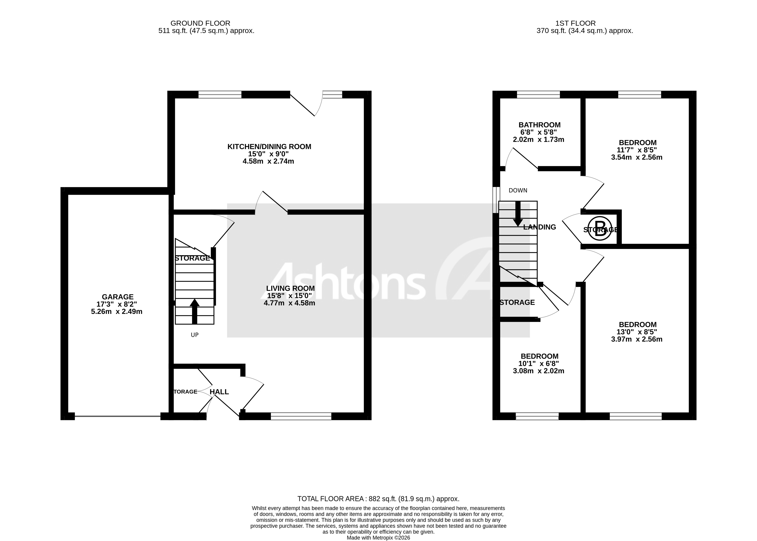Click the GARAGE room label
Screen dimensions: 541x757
pyautogui.click(x=117, y=296)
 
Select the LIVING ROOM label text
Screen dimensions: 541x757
pyautogui.click(x=290, y=288)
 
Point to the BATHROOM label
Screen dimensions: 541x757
pyautogui.click(x=539, y=125)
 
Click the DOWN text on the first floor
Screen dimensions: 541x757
pyautogui.click(x=518, y=190)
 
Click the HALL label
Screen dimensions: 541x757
pyautogui.click(x=219, y=392)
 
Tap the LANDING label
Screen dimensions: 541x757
pyautogui.click(x=539, y=227)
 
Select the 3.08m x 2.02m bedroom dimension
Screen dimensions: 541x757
pyautogui.click(x=538, y=371)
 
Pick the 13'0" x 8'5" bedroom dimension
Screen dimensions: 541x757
pyautogui.click(x=637, y=332)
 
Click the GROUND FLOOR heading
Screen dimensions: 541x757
pyautogui.click(x=200, y=23)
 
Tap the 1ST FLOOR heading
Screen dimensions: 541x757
pyautogui.click(x=575, y=23)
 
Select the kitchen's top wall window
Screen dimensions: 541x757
pyautogui.click(x=220, y=95)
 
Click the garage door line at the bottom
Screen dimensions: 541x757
pyautogui.click(x=117, y=416)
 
